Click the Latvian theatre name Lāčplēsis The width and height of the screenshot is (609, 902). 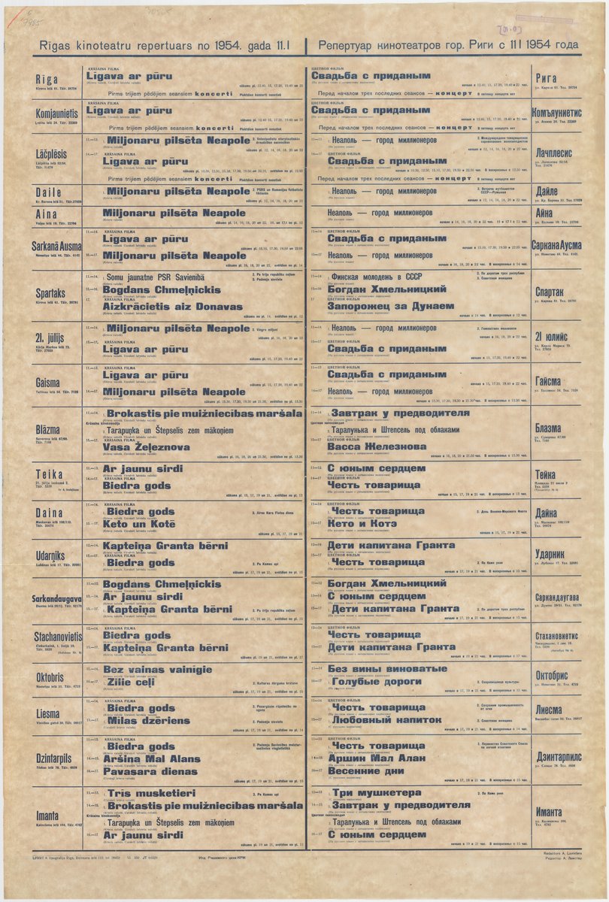coord(50,153)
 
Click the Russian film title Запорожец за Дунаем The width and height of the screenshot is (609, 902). coord(391,307)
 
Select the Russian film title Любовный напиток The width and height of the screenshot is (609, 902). coord(386,719)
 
